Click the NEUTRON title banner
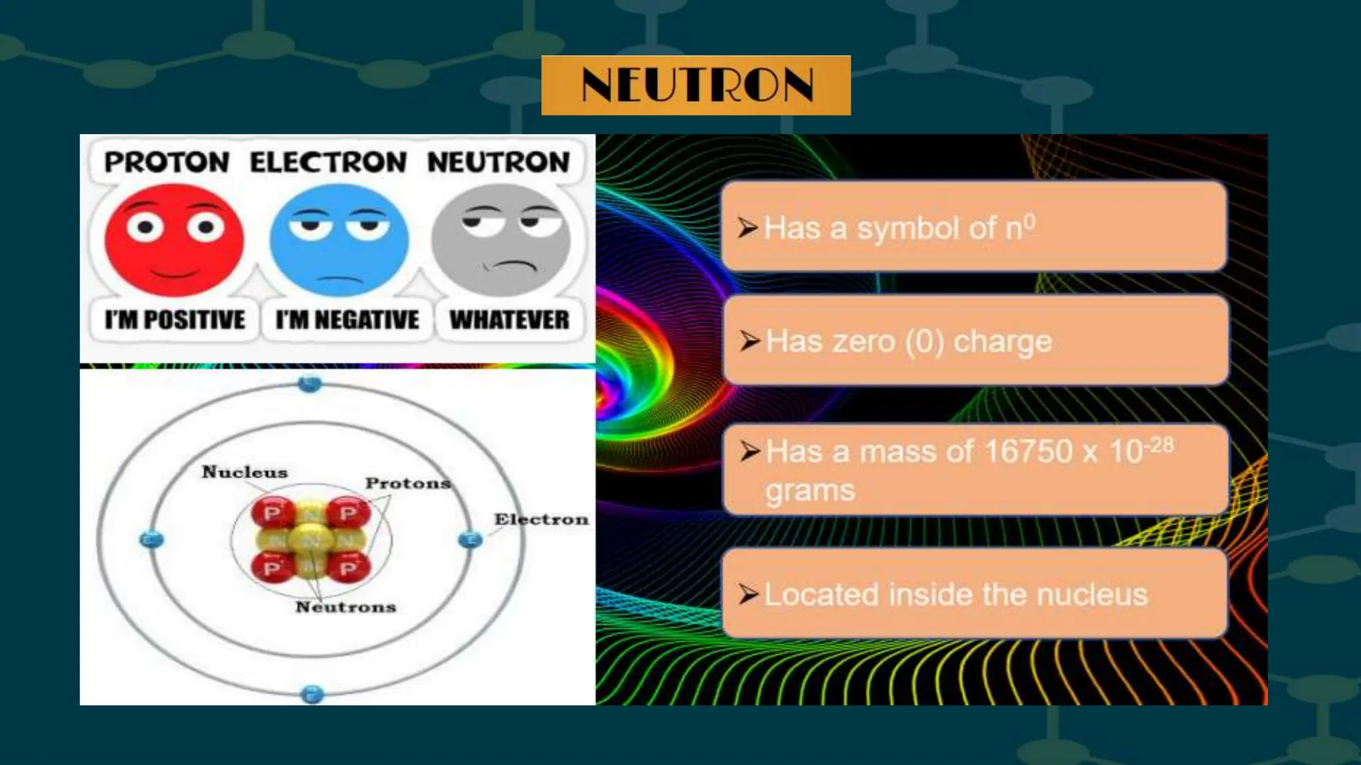pos(696,85)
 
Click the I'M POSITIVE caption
pos(175,320)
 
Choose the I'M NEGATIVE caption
pos(348,320)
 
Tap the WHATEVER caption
pos(510,320)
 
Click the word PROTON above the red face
pos(167,162)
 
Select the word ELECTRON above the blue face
pos(328,162)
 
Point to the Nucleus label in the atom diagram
pos(245,472)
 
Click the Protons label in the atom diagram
pos(408,483)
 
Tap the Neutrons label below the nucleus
pos(346,607)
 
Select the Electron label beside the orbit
pos(541,519)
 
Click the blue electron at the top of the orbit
pos(310,383)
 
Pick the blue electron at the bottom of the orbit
pos(312,695)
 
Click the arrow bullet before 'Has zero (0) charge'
pos(750,341)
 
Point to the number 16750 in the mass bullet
pos(1028,452)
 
